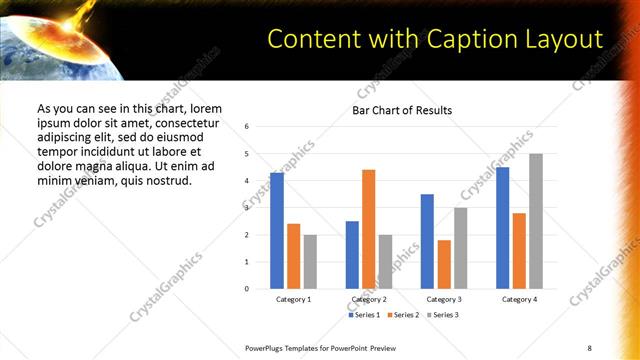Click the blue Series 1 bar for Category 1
(277, 231)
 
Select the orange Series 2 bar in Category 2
(368, 229)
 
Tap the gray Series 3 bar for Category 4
(536, 221)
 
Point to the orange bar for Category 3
(444, 264)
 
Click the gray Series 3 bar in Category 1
(310, 262)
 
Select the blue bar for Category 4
(502, 228)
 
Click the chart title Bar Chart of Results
(401, 110)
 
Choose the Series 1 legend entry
(365, 315)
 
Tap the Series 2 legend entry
(404, 315)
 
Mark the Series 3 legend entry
(443, 315)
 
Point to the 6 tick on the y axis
(246, 127)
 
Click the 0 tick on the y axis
(246, 289)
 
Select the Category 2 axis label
(368, 300)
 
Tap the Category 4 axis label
(519, 300)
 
